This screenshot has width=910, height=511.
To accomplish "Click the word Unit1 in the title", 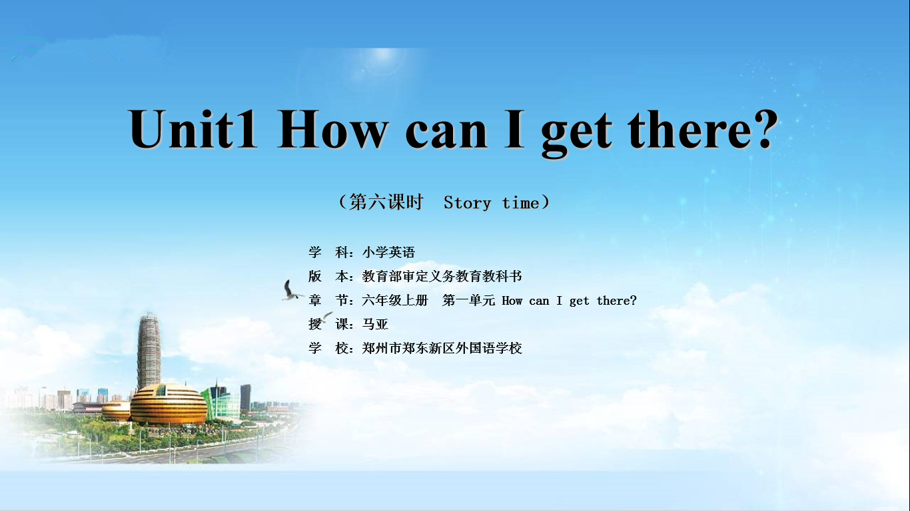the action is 193,129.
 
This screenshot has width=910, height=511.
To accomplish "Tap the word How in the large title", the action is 332,129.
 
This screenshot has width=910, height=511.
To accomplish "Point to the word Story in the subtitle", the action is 467,202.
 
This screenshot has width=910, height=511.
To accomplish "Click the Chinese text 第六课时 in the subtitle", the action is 386,202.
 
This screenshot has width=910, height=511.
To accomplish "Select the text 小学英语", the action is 388,252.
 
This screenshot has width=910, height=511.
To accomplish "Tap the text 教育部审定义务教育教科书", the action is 442,276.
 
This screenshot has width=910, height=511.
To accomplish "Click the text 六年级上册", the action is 395,300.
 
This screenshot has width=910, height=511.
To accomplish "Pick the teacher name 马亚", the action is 375,324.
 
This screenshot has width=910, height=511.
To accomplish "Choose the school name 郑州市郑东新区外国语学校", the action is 442,348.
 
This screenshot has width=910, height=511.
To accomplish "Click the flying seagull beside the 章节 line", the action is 292,291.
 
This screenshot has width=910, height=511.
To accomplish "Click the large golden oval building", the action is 169,404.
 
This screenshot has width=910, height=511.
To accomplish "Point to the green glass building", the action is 221,402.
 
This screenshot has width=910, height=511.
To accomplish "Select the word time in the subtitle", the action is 521,202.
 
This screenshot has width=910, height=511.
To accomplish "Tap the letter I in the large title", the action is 514,129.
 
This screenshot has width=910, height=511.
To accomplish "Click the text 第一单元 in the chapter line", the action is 468,300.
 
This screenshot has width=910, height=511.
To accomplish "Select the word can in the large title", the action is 446,134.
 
